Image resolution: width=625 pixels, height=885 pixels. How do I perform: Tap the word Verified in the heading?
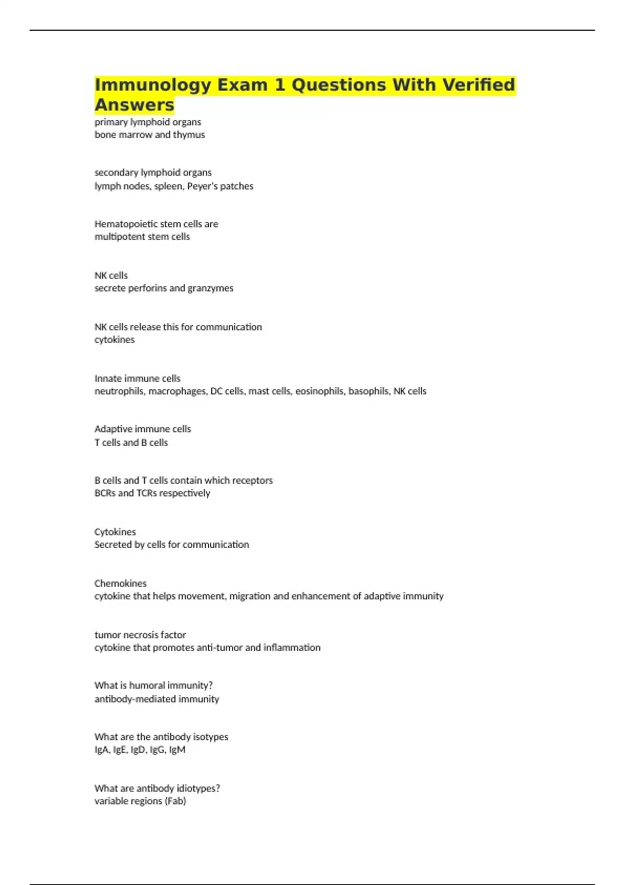pyautogui.click(x=479, y=85)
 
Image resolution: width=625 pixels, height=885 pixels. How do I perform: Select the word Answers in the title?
pyautogui.click(x=134, y=105)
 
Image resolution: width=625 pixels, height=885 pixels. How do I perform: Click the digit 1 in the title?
pyautogui.click(x=280, y=85)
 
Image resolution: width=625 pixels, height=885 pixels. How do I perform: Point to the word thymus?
pyautogui.click(x=189, y=135)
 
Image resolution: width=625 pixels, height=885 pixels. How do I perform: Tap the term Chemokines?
pyautogui.click(x=120, y=584)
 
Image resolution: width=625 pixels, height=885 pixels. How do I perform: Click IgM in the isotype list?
pyautogui.click(x=177, y=750)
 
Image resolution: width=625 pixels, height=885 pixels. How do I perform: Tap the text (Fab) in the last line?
pyautogui.click(x=175, y=801)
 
